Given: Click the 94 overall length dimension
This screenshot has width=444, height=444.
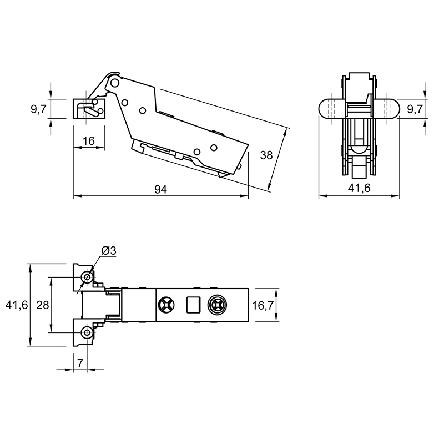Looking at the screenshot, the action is tap(160, 189).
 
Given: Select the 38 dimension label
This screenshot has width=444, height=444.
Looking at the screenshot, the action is tap(266, 155).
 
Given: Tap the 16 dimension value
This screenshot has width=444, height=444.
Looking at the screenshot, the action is tap(89, 141).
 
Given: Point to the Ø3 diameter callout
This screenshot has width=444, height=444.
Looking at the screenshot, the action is tap(109, 251).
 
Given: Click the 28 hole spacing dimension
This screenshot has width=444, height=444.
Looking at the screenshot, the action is tap(43, 305).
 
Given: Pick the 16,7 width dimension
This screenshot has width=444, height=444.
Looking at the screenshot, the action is tap(263, 305).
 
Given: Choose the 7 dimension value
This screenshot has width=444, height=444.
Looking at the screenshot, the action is tap(80, 363).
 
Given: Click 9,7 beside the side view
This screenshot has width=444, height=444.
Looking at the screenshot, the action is tap(38, 109).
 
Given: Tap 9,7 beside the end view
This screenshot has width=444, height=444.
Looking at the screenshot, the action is tap(415, 109).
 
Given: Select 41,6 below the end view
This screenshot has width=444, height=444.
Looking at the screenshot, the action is tap(359, 188).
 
